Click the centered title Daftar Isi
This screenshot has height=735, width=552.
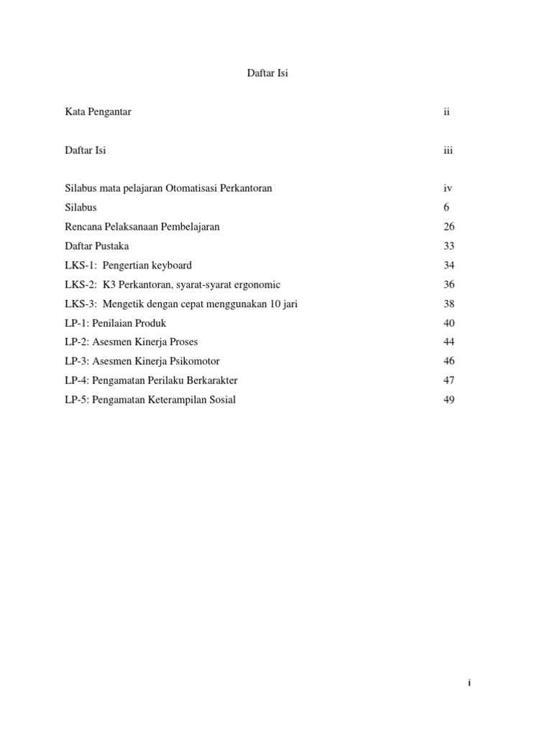pos(267,73)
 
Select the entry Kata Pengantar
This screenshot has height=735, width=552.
pos(98,112)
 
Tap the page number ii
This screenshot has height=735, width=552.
pos(446,112)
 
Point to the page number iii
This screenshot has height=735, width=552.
pos(448,150)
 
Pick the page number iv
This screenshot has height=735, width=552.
pos(448,188)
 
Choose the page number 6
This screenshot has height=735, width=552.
pos(446,207)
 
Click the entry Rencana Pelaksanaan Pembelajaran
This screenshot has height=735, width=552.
pos(142,227)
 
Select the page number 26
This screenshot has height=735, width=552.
pos(449,227)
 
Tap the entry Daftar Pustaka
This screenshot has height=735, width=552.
pos(97,246)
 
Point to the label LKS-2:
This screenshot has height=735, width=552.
pos(80,284)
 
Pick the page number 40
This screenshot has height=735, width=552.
pos(449,323)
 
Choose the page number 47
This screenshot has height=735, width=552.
pos(449,380)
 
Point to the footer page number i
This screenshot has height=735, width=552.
pos(469,683)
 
